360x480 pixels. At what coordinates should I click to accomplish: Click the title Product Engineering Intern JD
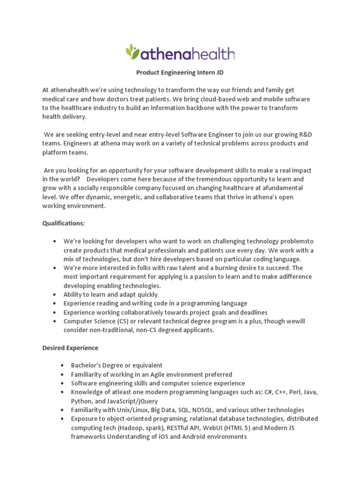[180, 73]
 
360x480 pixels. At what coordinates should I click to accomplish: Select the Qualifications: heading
[63, 223]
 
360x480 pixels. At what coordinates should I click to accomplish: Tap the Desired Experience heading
[70, 348]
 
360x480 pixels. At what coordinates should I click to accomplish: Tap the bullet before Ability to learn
[55, 294]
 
